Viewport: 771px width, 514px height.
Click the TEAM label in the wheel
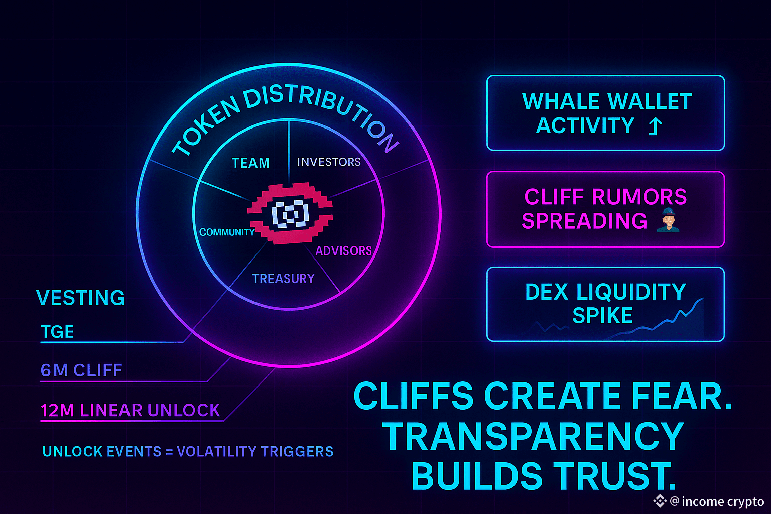(250, 163)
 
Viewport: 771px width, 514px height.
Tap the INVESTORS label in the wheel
(329, 162)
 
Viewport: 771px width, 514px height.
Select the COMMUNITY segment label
(227, 232)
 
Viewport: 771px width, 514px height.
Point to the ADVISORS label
(343, 250)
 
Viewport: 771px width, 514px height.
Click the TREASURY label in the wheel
(283, 279)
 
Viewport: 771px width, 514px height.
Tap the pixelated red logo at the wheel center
(291, 214)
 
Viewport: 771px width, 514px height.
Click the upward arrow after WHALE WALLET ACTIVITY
(655, 126)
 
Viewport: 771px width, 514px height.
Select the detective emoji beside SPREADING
(668, 221)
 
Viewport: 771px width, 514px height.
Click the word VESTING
(80, 298)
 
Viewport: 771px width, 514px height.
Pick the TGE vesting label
(57, 332)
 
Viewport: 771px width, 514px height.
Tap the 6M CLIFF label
(81, 370)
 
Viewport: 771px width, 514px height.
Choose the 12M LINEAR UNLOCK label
(130, 410)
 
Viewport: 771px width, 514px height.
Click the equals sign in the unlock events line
(169, 452)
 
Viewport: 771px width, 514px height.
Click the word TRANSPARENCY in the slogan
(533, 436)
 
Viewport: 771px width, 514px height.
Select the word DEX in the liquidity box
(547, 292)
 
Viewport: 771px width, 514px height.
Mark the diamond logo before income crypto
(659, 501)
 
